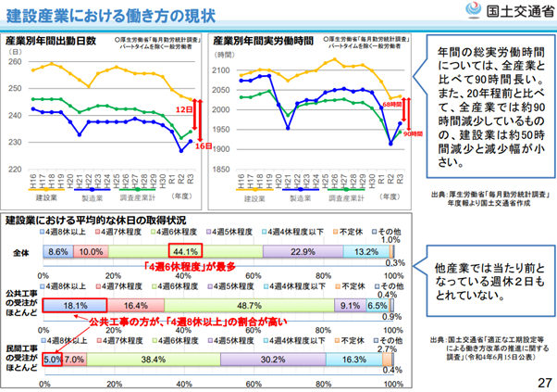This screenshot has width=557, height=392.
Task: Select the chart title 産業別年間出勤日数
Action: [x=50, y=42]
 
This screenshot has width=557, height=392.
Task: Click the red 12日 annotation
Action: [x=181, y=109]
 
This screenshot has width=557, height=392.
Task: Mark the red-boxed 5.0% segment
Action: [x=52, y=357]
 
